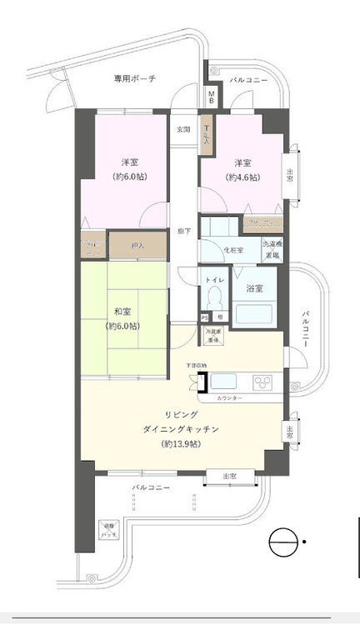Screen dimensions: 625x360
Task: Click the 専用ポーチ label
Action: [x=135, y=78]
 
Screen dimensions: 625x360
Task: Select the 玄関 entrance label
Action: [x=183, y=130]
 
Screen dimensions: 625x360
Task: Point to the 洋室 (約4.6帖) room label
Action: [x=242, y=170]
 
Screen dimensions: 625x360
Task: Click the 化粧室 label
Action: [x=232, y=250]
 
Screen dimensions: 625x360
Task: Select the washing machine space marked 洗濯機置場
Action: [x=272, y=250]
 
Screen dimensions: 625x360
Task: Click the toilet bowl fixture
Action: [x=212, y=296]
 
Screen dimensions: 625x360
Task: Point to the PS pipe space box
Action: [x=205, y=317]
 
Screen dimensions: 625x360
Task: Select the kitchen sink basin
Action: [x=226, y=382]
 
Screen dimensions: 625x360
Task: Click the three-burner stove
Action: [x=264, y=382]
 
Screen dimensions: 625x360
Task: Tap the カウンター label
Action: [x=229, y=399]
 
